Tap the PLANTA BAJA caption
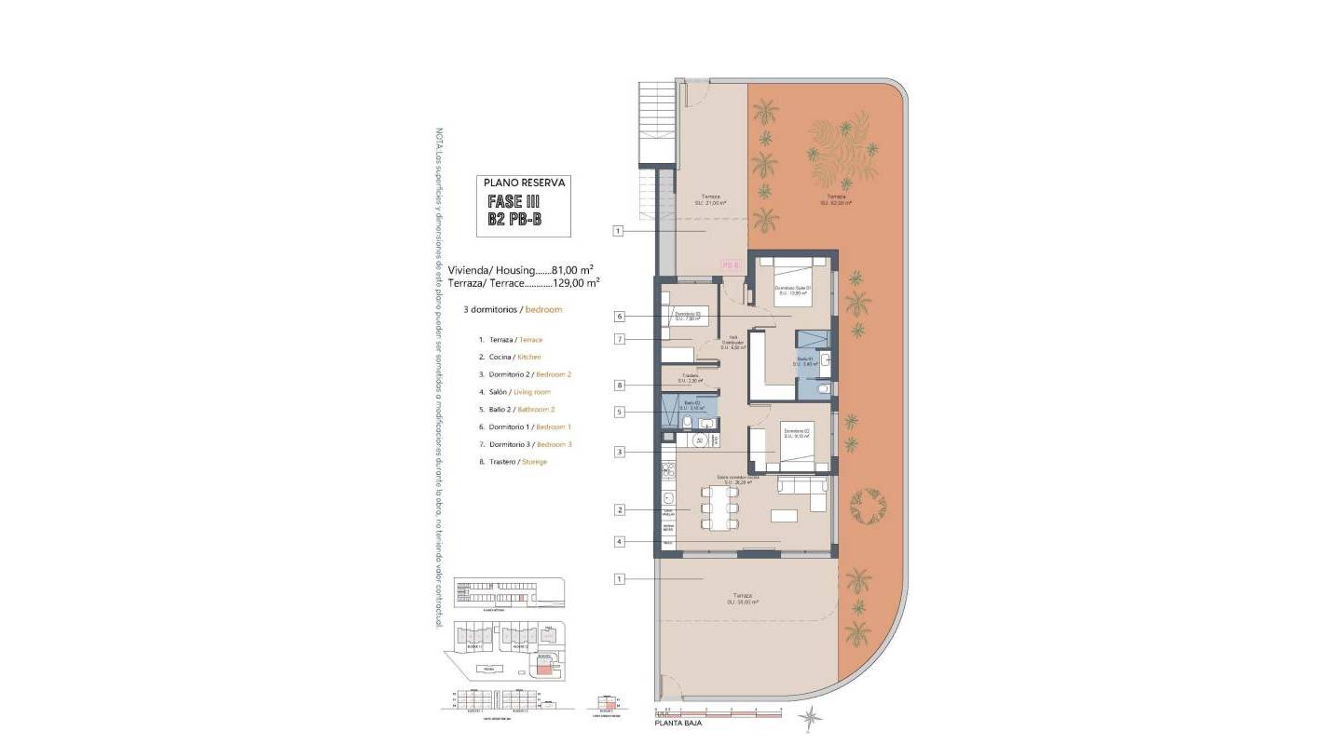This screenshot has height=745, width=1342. [x=678, y=723]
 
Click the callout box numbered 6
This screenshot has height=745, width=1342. [x=619, y=316]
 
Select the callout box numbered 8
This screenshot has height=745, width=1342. [x=619, y=385]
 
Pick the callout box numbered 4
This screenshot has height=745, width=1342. [x=619, y=541]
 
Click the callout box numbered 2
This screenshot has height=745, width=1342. [x=619, y=509]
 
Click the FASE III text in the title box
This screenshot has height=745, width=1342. [x=514, y=201]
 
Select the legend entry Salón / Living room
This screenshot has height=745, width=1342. [x=514, y=392]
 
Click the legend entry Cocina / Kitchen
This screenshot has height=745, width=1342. [x=510, y=357]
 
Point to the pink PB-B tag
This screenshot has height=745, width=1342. [x=731, y=265]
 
